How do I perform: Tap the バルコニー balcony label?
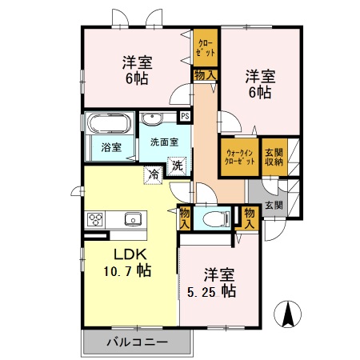(x=136, y=342)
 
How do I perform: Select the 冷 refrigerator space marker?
(x=151, y=172)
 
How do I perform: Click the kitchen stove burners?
(x=95, y=218)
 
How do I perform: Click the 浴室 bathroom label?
(x=111, y=148)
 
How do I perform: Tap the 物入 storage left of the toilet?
(x=186, y=218)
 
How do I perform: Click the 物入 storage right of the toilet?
(x=249, y=218)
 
